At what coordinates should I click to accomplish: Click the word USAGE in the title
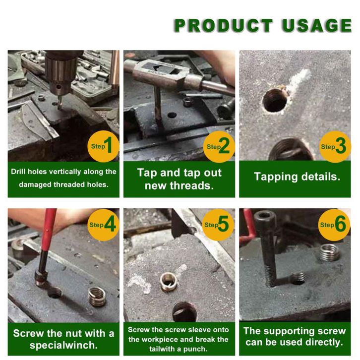(317, 25)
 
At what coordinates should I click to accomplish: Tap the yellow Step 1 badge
(103, 146)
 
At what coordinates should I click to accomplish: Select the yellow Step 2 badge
(219, 146)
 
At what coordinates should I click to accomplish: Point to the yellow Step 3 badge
(335, 146)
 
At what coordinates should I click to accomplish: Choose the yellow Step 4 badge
(103, 225)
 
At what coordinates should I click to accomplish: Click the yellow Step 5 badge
(218, 225)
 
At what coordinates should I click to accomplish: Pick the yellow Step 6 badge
(334, 225)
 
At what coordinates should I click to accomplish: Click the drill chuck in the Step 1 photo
(60, 72)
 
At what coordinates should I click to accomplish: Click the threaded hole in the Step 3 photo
(275, 101)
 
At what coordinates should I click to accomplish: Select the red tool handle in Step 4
(49, 230)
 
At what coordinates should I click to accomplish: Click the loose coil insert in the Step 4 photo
(97, 297)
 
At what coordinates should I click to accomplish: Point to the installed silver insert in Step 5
(169, 282)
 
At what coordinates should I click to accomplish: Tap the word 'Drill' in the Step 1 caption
(18, 172)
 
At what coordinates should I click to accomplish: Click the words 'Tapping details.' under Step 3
(297, 177)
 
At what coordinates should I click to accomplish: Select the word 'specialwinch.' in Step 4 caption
(63, 345)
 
